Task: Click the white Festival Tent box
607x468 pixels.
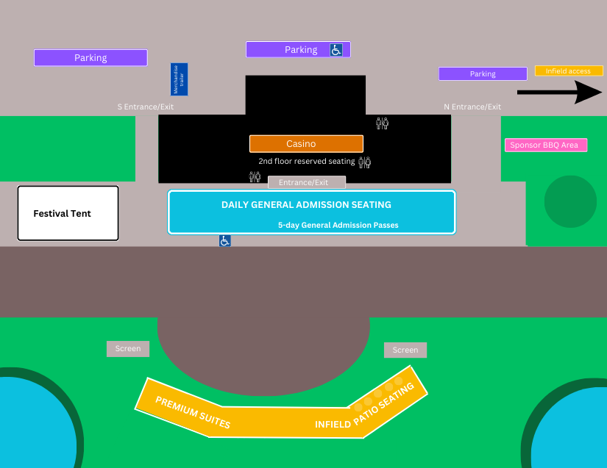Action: (x=68, y=213)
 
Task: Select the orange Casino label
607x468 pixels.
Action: (x=306, y=143)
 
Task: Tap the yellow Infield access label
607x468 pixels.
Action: (x=569, y=71)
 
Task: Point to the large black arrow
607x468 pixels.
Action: (x=559, y=92)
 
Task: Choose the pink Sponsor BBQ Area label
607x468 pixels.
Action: (x=545, y=145)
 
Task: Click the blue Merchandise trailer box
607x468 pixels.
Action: (x=179, y=79)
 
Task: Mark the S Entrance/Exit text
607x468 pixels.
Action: (x=146, y=107)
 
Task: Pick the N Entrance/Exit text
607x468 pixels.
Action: (x=472, y=107)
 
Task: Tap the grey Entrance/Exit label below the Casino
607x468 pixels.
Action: (x=306, y=182)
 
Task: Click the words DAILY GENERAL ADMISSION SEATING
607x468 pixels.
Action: (x=306, y=204)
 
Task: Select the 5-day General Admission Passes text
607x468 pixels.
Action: (x=338, y=225)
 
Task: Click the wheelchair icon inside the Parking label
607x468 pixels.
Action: (x=336, y=50)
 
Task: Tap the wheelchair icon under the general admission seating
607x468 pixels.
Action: (x=224, y=240)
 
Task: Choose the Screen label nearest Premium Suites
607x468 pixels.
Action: (x=128, y=348)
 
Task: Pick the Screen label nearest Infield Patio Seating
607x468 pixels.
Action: (x=405, y=350)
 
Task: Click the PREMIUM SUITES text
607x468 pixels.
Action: (x=193, y=412)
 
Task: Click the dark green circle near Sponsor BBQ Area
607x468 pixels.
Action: (x=570, y=201)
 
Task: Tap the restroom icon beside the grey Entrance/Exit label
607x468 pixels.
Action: (x=255, y=176)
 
